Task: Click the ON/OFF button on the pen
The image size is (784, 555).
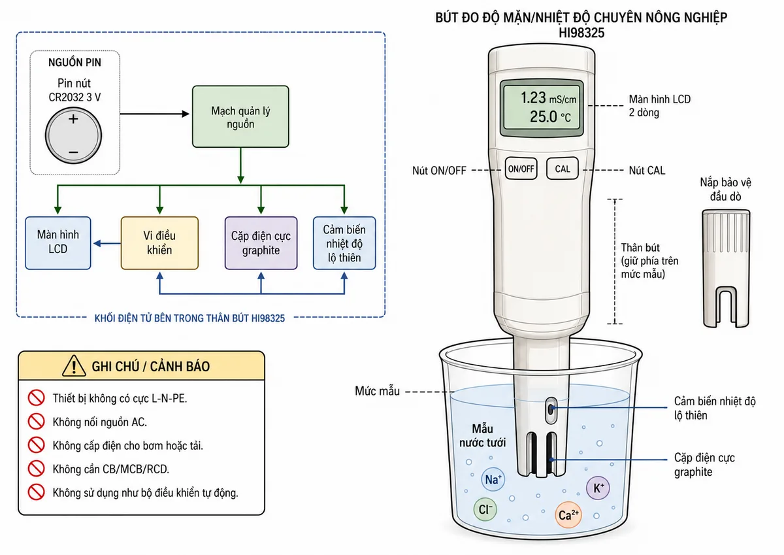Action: (521, 169)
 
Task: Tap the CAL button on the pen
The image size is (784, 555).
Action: (562, 169)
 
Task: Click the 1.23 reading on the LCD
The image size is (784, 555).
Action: (533, 97)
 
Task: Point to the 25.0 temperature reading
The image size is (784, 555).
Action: (543, 116)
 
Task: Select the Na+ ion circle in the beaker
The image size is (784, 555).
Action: (493, 479)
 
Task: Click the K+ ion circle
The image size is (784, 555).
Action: (598, 488)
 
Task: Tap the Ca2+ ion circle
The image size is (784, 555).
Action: (568, 514)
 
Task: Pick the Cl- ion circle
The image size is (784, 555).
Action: (485, 509)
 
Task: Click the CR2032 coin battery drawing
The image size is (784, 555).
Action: (73, 135)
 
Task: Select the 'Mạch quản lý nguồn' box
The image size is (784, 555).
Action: (240, 116)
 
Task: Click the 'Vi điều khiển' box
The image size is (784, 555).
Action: (159, 243)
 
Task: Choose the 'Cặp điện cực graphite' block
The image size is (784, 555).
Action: (261, 243)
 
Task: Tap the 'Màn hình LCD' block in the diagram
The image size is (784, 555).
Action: (58, 243)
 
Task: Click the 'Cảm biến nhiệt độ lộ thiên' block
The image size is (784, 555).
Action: (344, 243)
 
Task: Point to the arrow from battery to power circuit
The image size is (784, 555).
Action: (155, 114)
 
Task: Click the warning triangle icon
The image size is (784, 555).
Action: (74, 365)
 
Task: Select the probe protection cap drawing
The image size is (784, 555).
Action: (726, 268)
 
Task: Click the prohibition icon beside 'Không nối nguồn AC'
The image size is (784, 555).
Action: (37, 421)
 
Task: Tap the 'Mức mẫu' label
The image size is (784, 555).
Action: (378, 391)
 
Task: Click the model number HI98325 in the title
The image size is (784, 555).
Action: (581, 33)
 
